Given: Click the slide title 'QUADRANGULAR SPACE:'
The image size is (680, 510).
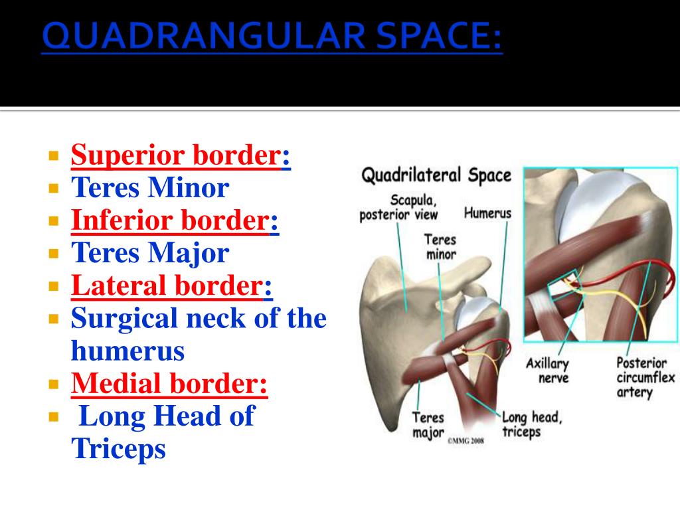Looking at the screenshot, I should (272, 39).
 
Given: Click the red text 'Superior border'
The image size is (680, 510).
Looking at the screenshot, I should (175, 156).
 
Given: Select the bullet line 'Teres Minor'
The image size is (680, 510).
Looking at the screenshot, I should (149, 189).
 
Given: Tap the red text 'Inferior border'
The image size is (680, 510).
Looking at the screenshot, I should (170, 220).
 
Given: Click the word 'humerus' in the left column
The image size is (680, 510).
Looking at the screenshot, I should (127, 351).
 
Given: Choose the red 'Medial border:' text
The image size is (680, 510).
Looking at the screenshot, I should (169, 383).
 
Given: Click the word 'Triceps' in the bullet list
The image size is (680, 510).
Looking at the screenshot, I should (118, 449).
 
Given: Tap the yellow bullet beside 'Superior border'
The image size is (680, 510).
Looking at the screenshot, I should (54, 157).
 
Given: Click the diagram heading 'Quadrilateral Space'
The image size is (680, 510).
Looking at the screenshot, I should (436, 176).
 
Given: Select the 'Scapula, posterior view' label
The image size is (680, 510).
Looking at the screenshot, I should (398, 207).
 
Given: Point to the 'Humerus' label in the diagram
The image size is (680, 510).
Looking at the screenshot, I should (487, 214).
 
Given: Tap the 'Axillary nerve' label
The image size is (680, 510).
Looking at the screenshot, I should (547, 371).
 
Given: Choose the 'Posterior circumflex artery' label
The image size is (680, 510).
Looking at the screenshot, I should (641, 377).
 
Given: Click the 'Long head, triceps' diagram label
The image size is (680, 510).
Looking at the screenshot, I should (531, 424).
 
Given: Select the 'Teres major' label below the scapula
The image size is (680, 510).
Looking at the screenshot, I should (428, 425).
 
